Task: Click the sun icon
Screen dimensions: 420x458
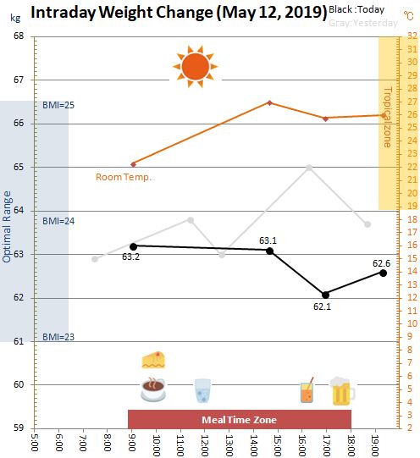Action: pos(195,67)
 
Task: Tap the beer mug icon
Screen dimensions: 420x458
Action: pos(342,391)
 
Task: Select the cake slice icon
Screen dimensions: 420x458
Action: pos(153,360)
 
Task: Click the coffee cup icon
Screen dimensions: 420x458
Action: pos(153,389)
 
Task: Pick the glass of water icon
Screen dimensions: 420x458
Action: pos(202,390)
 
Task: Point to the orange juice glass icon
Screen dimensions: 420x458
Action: pos(307,390)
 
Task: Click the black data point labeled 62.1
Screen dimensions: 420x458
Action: pos(325,295)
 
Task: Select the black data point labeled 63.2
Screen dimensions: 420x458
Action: pos(133,247)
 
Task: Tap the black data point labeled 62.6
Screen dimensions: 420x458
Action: pos(383,273)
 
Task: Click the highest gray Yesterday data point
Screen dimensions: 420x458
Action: pos(309,168)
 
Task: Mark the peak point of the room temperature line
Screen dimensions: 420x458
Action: pos(270,102)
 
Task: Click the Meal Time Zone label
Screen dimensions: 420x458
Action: pos(239,420)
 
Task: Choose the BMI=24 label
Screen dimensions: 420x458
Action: pos(58,221)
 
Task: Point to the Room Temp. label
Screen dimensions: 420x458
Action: pos(124,177)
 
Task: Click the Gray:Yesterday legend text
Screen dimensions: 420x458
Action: pos(363,23)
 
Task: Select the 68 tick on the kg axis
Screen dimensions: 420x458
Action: pos(18,36)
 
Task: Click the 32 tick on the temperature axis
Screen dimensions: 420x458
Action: pos(412,36)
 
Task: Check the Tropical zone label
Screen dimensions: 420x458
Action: pos(387,117)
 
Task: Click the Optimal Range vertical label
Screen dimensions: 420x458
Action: pos(7,227)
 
